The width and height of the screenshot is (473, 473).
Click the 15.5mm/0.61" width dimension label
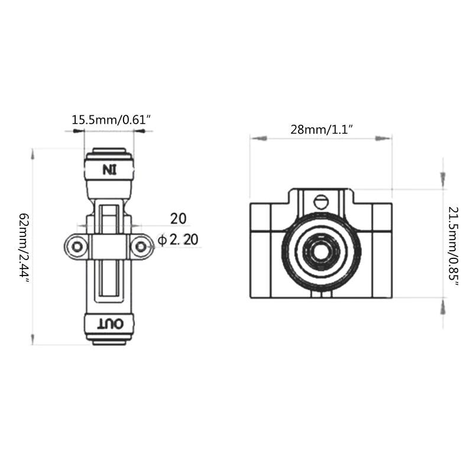pyautogui.click(x=111, y=120)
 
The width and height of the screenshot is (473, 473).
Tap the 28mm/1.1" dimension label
pyautogui.click(x=322, y=129)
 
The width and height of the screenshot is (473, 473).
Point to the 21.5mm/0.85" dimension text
pyautogui.click(x=453, y=246)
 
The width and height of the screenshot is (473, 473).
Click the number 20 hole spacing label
pyautogui.click(x=178, y=218)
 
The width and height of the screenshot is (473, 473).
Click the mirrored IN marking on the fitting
pyautogui.click(x=109, y=170)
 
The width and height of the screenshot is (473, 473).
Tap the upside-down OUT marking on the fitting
pyautogui.click(x=109, y=323)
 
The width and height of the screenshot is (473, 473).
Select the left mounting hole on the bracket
pyautogui.click(x=76, y=246)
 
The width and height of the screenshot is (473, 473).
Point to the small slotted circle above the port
pyautogui.click(x=321, y=202)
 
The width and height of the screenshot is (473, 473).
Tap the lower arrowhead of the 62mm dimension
pyautogui.click(x=33, y=339)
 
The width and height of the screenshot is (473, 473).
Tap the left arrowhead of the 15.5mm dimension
pyautogui.click(x=77, y=131)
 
